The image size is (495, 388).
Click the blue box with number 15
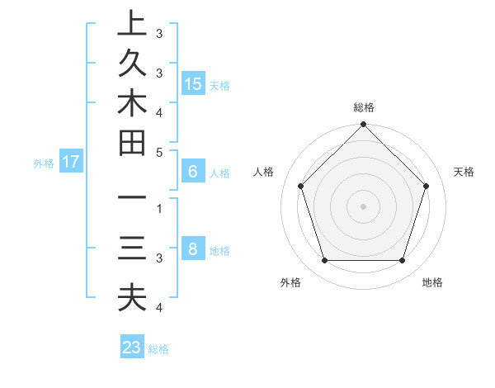193,83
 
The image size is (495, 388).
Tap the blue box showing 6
193,172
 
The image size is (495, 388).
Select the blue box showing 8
193,249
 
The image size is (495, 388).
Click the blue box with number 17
71,162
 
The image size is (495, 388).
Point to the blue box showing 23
132,348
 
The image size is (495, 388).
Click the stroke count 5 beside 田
158,152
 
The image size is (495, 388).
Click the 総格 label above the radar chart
364,107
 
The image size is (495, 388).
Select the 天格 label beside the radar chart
464,172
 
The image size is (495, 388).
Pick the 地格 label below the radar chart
432,282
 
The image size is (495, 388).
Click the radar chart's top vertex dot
363,125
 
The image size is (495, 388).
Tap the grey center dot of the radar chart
363,206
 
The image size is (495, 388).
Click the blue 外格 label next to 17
44,163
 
